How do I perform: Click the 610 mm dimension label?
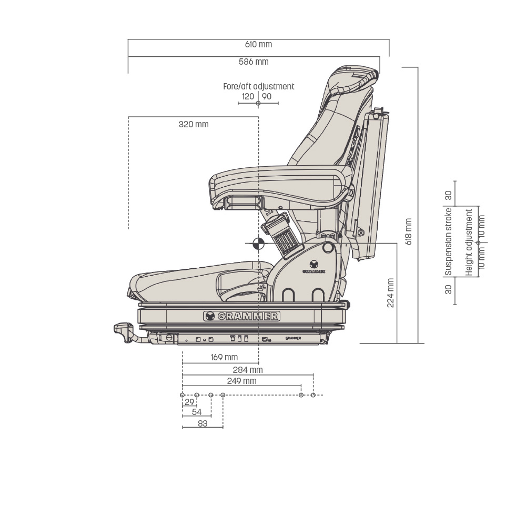258,44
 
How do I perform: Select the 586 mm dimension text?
254,62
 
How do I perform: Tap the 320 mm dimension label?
194,125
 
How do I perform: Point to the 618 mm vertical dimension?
409,231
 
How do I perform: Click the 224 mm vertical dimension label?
390,293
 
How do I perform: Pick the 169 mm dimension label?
224,357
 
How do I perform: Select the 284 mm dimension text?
248,370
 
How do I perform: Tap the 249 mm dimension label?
241,381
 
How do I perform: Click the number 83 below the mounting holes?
203,423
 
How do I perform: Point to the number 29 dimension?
189,402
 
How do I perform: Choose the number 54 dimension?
197,412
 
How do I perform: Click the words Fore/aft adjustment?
259,87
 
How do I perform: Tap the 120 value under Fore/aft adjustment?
248,97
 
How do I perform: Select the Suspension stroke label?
448,242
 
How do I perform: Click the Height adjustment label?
469,242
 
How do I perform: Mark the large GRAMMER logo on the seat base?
241,316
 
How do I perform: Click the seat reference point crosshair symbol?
258,244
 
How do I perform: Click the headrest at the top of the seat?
354,80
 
